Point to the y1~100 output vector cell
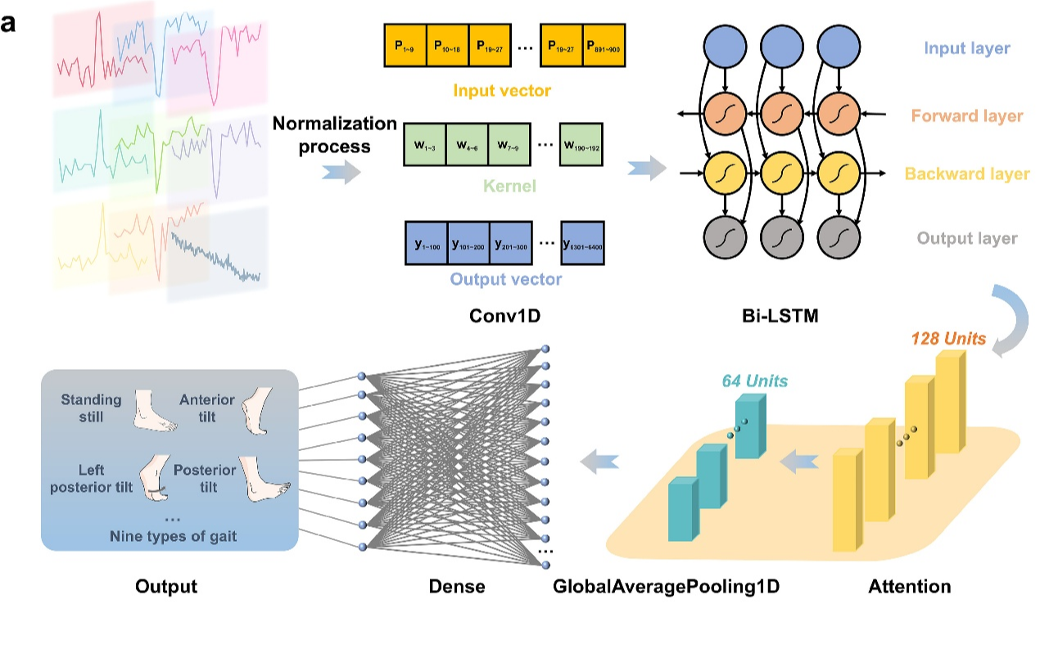(x=427, y=244)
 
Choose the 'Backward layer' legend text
(x=966, y=174)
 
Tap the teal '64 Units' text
(x=754, y=381)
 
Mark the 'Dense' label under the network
(x=457, y=586)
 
